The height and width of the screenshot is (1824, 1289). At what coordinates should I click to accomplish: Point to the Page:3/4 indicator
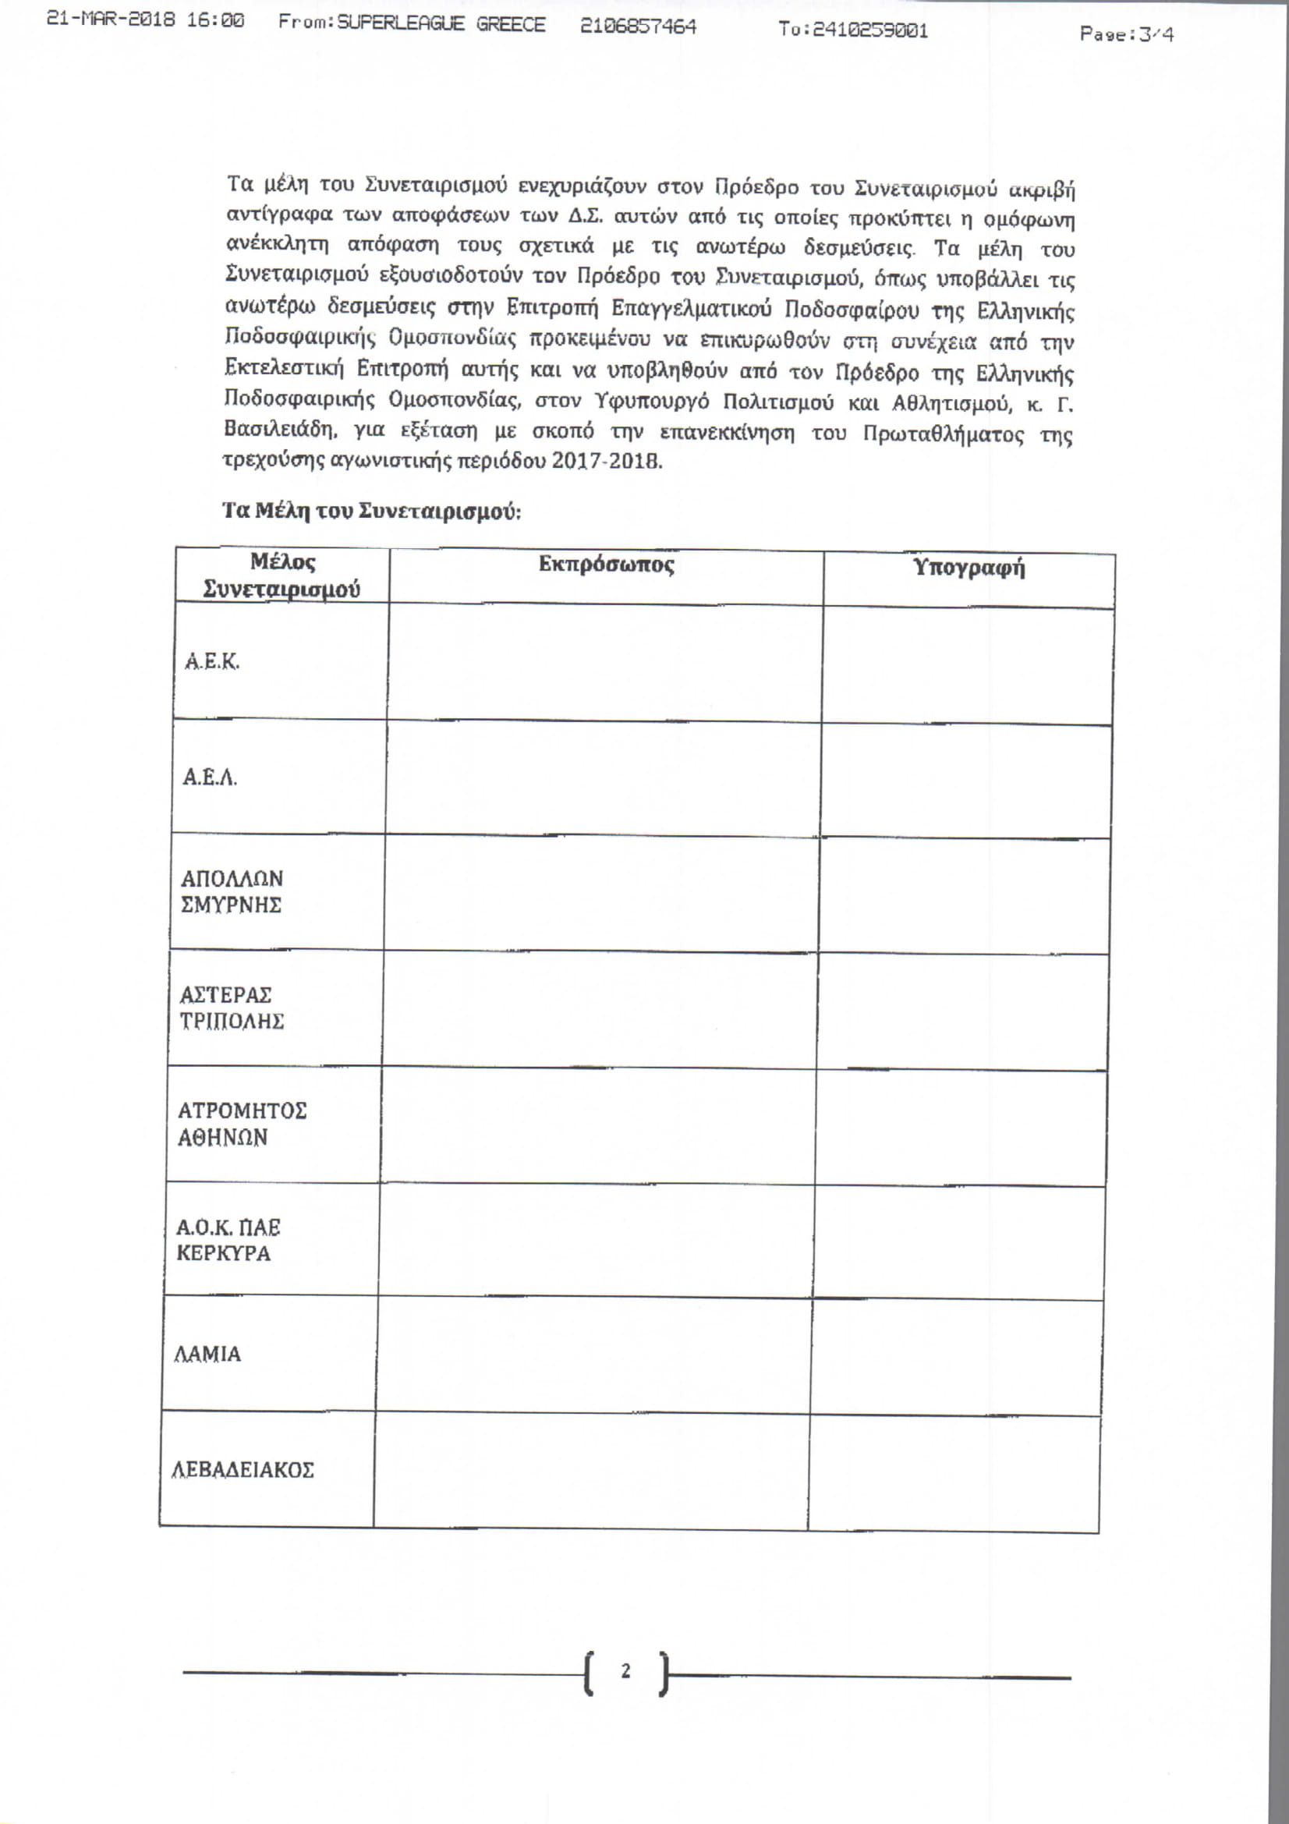(1126, 34)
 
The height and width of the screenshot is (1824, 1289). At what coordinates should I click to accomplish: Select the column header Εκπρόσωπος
(606, 565)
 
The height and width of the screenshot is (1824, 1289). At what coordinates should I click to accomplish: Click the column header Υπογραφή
(969, 568)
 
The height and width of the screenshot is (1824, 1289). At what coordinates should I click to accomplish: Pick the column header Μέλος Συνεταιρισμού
(282, 576)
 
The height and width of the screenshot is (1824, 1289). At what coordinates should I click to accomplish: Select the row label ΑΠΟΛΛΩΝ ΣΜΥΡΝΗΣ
(232, 891)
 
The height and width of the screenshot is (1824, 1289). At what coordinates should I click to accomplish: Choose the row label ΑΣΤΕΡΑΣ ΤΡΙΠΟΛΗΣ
(231, 1008)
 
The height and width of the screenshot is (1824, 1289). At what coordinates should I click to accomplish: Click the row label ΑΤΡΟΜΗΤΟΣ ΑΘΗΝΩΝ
(242, 1123)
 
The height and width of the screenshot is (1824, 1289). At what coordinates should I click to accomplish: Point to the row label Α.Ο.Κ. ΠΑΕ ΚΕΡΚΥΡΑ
(228, 1240)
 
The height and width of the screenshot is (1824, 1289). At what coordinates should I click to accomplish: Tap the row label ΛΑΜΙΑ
(207, 1354)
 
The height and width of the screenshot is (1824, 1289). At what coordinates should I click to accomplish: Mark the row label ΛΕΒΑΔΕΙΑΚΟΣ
(243, 1469)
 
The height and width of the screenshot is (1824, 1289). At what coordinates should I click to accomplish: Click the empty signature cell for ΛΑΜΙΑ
(956, 1356)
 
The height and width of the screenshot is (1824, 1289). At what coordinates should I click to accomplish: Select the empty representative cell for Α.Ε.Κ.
(605, 664)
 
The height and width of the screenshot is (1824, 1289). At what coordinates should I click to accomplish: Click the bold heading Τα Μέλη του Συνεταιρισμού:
(372, 511)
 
